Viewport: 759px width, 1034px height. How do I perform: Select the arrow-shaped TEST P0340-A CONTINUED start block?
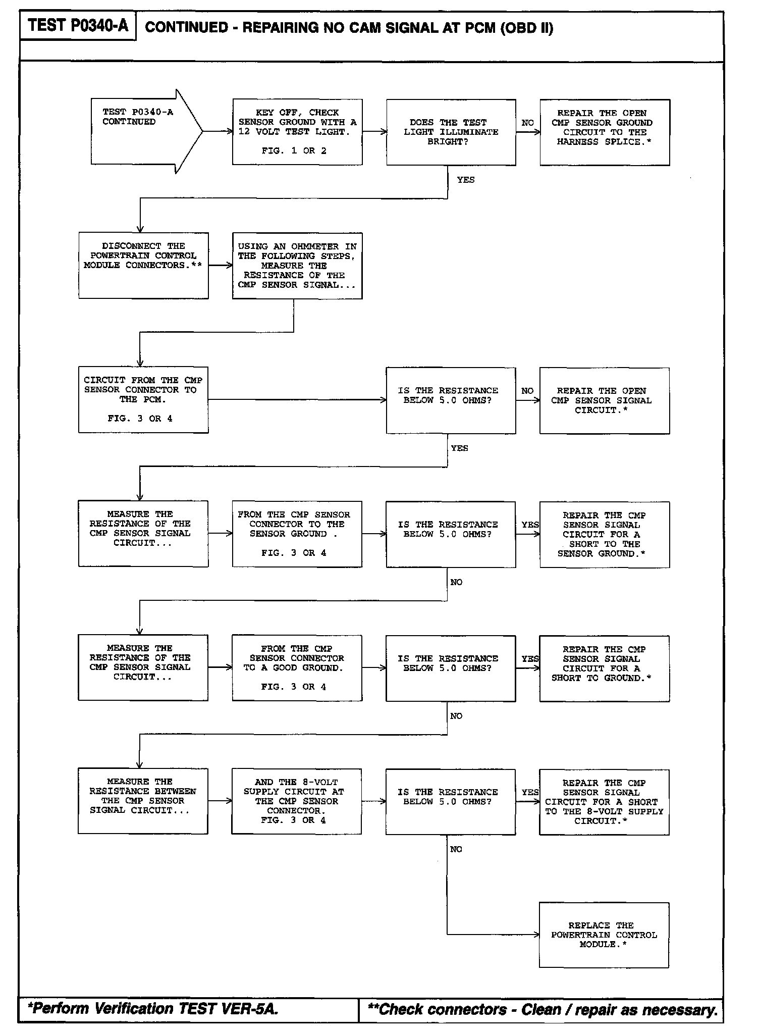141,131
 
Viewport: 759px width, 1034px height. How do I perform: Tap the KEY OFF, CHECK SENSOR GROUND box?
297,132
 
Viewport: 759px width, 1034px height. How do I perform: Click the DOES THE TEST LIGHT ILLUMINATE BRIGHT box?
451,132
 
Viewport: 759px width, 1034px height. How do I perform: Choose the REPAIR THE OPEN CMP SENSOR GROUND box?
605,132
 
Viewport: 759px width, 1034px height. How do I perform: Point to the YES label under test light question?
465,180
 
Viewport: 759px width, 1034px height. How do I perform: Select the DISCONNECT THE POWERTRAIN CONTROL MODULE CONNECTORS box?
143,265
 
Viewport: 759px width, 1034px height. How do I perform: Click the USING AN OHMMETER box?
297,266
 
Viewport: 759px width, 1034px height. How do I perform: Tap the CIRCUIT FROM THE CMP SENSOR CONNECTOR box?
143,399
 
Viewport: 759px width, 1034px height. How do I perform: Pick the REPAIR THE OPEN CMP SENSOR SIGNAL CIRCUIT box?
605,400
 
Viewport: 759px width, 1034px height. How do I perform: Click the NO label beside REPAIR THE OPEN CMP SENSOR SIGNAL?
527,391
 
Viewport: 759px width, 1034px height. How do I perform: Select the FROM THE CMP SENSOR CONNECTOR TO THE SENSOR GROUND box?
297,534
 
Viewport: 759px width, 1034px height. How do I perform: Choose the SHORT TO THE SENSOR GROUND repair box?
605,534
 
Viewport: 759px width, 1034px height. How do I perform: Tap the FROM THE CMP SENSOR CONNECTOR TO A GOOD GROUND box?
297,667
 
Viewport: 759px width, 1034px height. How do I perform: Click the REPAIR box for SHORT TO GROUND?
605,668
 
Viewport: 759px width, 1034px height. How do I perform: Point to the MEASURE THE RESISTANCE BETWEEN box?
143,801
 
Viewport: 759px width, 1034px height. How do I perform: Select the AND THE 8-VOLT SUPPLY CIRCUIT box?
296,801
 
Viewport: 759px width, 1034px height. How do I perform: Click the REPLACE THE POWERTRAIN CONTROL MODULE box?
604,935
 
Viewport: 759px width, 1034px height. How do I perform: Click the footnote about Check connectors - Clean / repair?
543,1009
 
